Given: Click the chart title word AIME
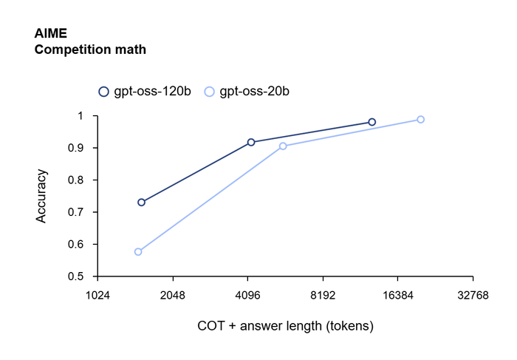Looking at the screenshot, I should point(48,35).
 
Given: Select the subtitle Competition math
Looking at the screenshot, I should point(90,50).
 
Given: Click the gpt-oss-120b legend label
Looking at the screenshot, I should point(152,92).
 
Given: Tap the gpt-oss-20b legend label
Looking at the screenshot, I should point(254,92).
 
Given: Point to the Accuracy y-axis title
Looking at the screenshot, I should point(42,196).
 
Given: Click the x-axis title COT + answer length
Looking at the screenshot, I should point(285,325).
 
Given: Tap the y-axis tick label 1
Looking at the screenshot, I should point(83,116).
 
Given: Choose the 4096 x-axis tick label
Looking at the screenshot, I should point(247,295).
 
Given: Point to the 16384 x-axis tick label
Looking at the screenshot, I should point(397,295).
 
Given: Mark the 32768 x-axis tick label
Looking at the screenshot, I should point(473,295).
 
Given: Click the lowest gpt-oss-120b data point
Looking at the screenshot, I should point(141,203).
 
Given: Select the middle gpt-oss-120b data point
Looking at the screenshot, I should point(251,142).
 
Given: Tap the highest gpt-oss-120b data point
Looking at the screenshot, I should point(372,122).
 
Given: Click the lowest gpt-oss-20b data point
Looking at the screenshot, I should point(138,252).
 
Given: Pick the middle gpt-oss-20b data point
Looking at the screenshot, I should point(283,146).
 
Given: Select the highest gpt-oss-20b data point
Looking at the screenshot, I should point(420,120).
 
